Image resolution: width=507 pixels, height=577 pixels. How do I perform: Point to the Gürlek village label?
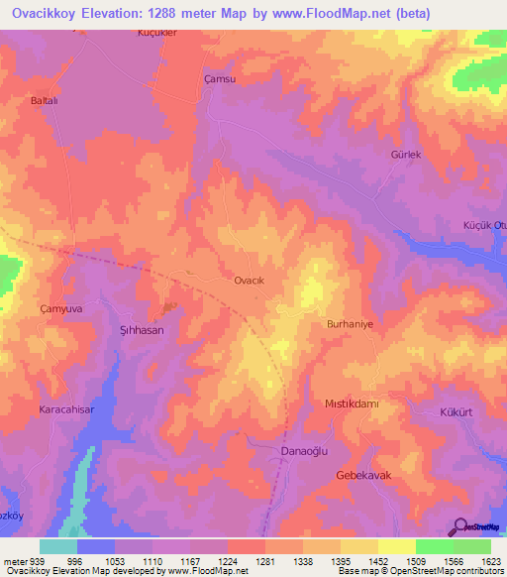(x=406, y=156)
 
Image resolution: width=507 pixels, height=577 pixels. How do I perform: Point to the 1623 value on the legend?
(x=492, y=562)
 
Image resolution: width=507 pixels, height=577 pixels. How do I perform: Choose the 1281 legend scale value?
(x=265, y=562)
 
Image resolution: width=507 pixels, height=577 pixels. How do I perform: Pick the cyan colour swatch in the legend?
(x=58, y=546)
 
